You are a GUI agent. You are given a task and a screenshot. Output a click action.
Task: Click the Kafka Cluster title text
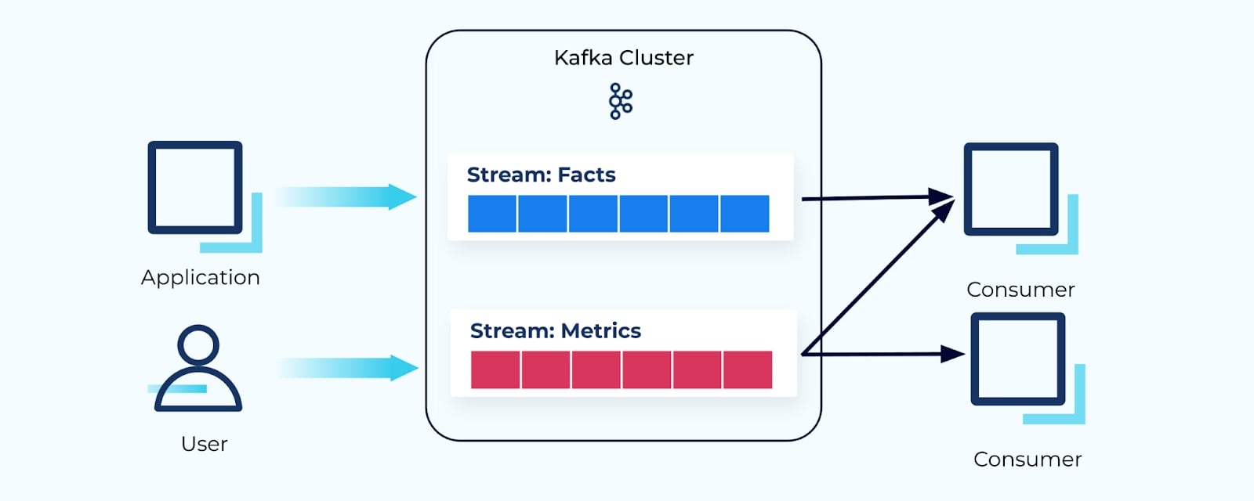[623, 58]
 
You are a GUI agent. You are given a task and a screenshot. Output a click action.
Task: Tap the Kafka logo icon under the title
[621, 101]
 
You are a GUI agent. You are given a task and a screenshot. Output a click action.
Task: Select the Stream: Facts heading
[541, 175]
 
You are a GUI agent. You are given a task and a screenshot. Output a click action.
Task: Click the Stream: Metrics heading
[555, 331]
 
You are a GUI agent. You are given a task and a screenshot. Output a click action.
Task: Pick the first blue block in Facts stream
[492, 214]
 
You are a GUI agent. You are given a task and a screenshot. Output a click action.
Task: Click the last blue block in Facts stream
[745, 214]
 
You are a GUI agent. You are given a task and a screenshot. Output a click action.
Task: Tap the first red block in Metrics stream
[495, 369]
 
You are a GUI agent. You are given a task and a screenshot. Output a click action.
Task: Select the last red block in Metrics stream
[748, 369]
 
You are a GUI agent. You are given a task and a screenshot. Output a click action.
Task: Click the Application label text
[201, 278]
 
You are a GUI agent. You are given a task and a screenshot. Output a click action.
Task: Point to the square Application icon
[195, 188]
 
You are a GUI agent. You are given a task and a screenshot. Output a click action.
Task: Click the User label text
[204, 444]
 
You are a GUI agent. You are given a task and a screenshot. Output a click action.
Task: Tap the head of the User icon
[198, 344]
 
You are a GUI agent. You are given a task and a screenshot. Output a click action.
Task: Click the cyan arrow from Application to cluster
[345, 196]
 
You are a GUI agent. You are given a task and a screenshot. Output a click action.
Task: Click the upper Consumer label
[1020, 290]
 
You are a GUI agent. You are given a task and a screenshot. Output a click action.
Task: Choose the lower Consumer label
[1027, 460]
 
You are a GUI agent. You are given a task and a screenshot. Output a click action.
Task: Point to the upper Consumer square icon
[1011, 189]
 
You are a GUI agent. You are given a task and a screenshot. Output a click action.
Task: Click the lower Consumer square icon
[1018, 359]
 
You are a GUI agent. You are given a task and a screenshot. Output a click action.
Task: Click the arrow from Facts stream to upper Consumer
[870, 198]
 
